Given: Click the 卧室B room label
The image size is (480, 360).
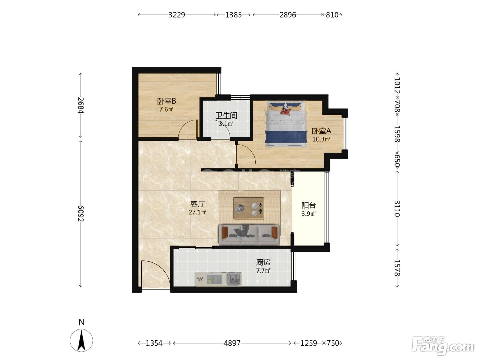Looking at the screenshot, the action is point(166,101).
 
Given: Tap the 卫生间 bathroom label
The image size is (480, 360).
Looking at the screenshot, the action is point(226,116).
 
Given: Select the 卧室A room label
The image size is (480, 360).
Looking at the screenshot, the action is point(321,131).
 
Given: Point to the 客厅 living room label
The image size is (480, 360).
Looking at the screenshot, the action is point(198,204).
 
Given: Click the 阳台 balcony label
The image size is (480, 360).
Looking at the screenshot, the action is point(309,205).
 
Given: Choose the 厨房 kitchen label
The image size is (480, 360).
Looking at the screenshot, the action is point(264,262).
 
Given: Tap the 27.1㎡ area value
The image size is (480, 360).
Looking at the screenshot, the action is point(198,212).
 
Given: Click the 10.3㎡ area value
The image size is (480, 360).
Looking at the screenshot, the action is point(321,139).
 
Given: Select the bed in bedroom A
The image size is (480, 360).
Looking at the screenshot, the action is point(286,124).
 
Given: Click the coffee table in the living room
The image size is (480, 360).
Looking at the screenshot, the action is point(249,208).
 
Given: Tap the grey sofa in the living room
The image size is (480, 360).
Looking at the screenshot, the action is point(250,235).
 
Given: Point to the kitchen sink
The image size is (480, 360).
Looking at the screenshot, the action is point(233,279).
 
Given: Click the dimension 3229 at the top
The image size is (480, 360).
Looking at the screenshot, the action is point(177,15).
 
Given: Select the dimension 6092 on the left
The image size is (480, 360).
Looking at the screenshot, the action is point(81,214).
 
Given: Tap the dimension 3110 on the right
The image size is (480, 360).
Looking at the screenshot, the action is point(397,208).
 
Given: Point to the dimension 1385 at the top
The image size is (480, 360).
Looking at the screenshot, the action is point(233,15).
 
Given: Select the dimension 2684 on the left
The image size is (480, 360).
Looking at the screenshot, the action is point(81,105).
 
